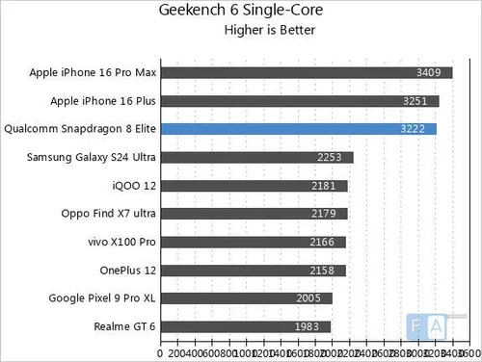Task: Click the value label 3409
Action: (430, 72)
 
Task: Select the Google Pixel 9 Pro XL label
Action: (102, 298)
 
